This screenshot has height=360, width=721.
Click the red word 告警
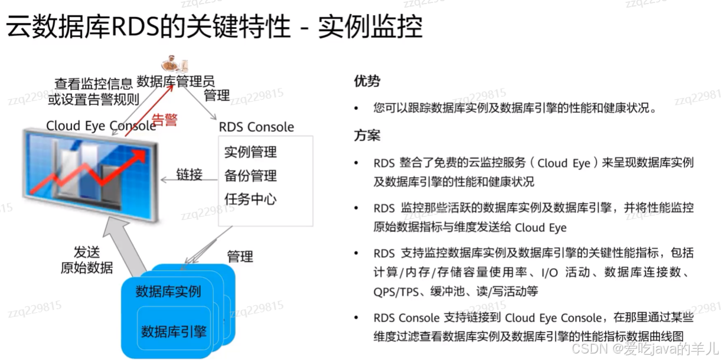point(165,120)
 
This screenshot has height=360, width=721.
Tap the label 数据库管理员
point(175,81)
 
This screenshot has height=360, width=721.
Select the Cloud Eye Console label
point(101,126)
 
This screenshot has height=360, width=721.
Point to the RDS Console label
point(256,127)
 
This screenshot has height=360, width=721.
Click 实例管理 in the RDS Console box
point(250,152)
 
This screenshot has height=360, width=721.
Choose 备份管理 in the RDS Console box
point(250,175)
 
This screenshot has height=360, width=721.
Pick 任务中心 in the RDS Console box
point(250,199)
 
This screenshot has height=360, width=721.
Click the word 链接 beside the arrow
point(190,175)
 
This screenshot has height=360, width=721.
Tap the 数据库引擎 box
point(174,331)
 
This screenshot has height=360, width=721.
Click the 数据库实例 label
point(168,292)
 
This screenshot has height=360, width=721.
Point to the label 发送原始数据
point(87,260)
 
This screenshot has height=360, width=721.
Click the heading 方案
point(367,136)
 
